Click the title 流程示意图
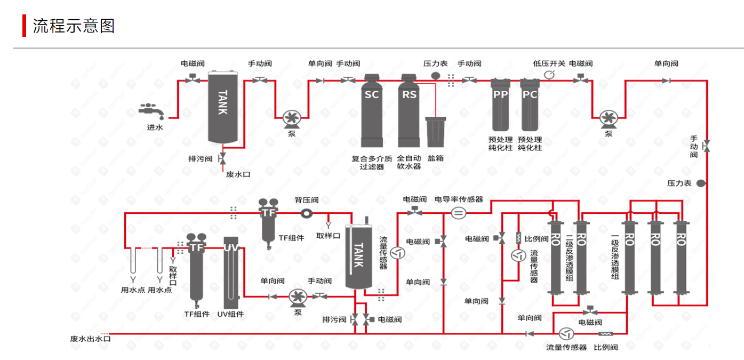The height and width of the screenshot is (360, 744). [x=74, y=26]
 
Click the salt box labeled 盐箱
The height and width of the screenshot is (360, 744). [x=435, y=132]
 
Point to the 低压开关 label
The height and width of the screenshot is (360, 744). [x=549, y=63]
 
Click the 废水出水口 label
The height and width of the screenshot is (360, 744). [x=90, y=339]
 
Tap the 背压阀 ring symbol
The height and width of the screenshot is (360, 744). [x=307, y=213]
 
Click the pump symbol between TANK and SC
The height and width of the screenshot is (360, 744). [x=292, y=118]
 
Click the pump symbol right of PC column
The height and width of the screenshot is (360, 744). [x=607, y=118]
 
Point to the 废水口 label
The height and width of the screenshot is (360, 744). [x=238, y=174]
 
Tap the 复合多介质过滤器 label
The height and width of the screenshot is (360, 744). [x=372, y=162]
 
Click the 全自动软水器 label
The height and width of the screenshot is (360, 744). [x=409, y=162]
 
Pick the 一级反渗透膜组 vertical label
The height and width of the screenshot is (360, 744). [x=615, y=256]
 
